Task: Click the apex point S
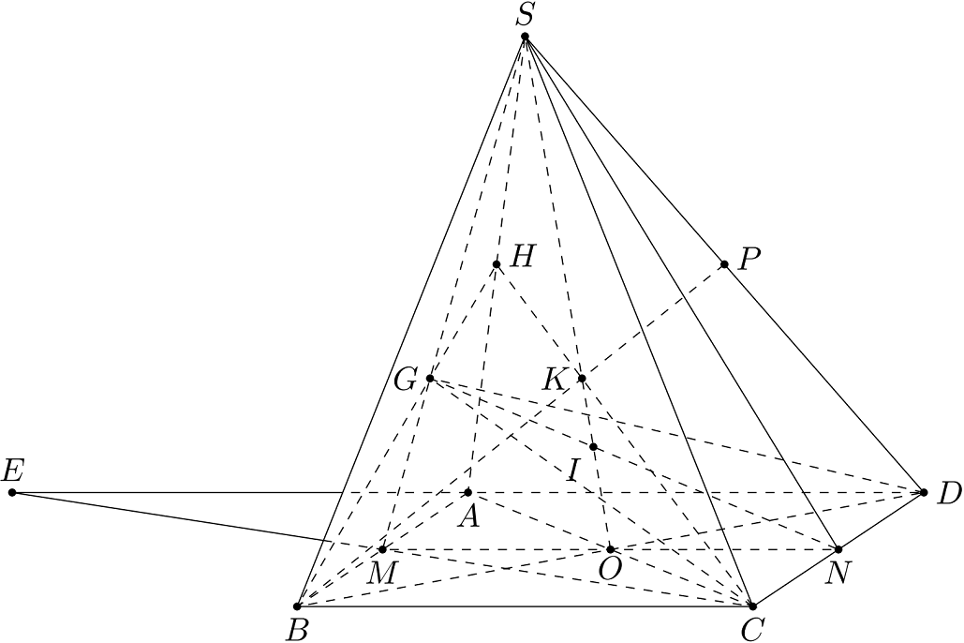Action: pyautogui.click(x=525, y=37)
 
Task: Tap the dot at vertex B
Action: pyautogui.click(x=297, y=606)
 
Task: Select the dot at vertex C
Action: pyautogui.click(x=752, y=606)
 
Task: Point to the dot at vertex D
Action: pyautogui.click(x=924, y=492)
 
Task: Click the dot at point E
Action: pyautogui.click(x=12, y=492)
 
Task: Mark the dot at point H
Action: pyautogui.click(x=497, y=264)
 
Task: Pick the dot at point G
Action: pyautogui.click(x=430, y=378)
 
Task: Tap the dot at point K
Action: pyautogui.click(x=582, y=378)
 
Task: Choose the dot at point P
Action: pyautogui.click(x=724, y=264)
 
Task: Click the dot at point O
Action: pyautogui.click(x=610, y=549)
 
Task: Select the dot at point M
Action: pyautogui.click(x=382, y=549)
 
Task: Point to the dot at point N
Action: pyautogui.click(x=838, y=549)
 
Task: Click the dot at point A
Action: pyautogui.click(x=467, y=492)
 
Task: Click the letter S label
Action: pyautogui.click(x=524, y=15)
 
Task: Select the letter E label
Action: pyautogui.click(x=13, y=471)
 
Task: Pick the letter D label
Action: pyautogui.click(x=949, y=494)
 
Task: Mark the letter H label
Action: pyautogui.click(x=523, y=257)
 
